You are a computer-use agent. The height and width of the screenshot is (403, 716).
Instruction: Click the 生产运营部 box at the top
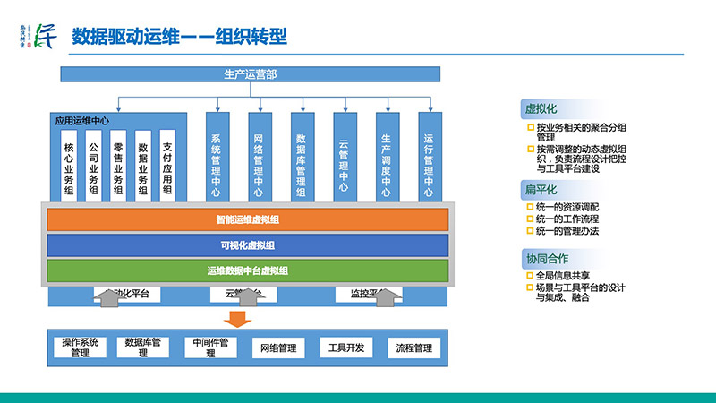click(x=250, y=74)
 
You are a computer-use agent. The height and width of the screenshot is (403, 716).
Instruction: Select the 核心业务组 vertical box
click(x=69, y=165)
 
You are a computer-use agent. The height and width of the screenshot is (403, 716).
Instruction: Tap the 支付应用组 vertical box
click(x=167, y=165)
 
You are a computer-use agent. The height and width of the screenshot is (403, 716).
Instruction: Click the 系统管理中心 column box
click(x=216, y=158)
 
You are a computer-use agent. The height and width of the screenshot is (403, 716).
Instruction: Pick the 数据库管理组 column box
click(x=301, y=158)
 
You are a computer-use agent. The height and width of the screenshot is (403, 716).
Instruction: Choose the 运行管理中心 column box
click(x=429, y=158)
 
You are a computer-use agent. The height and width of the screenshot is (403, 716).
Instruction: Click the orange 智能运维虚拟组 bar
click(x=247, y=219)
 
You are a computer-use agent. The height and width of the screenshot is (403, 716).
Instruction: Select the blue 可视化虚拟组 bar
click(x=247, y=244)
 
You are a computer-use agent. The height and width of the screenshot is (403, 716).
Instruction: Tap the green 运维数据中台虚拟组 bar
click(x=247, y=270)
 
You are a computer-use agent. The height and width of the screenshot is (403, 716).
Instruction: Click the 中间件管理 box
click(x=210, y=347)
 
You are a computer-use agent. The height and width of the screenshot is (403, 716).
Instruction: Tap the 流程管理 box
click(x=413, y=347)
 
